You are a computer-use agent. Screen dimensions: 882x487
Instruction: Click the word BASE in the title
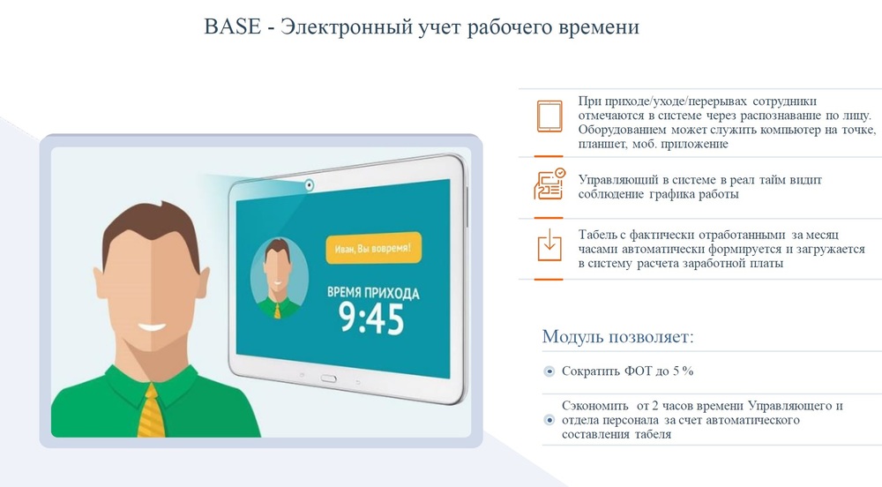point(232,26)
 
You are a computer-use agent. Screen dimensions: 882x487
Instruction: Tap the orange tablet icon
point(549,116)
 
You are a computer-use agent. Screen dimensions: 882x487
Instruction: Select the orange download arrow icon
point(549,244)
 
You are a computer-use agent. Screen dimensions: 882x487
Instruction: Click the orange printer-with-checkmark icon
point(549,184)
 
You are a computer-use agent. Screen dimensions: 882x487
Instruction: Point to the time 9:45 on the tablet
point(371,318)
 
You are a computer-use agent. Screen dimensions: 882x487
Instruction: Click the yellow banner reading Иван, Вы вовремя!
point(373,248)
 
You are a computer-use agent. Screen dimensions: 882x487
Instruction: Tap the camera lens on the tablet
point(309,184)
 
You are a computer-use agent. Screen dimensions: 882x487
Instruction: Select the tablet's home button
point(328,378)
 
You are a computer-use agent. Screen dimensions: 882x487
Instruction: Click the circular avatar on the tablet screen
point(279,278)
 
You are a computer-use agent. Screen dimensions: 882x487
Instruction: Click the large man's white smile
point(152,327)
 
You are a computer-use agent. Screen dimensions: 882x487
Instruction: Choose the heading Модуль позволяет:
point(617,336)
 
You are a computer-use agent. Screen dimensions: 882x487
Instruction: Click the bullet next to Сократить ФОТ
point(549,371)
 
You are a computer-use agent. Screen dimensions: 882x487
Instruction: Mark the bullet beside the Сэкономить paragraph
point(549,420)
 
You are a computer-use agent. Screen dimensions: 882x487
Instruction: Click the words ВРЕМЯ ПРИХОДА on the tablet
point(373,292)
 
